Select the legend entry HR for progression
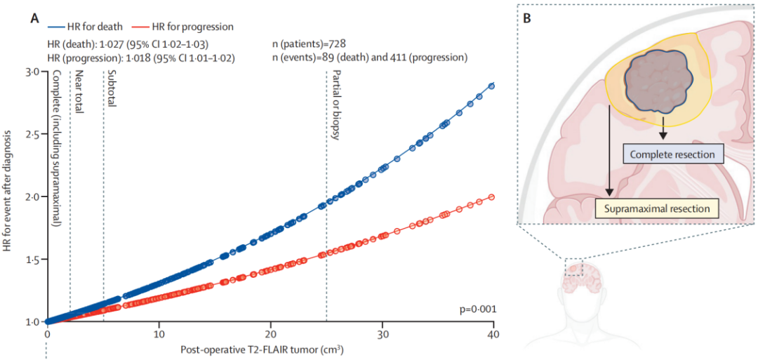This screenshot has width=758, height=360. point(187,27)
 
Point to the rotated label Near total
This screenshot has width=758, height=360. point(79,93)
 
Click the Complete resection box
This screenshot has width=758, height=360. point(672,154)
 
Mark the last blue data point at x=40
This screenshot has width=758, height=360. point(492,86)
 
